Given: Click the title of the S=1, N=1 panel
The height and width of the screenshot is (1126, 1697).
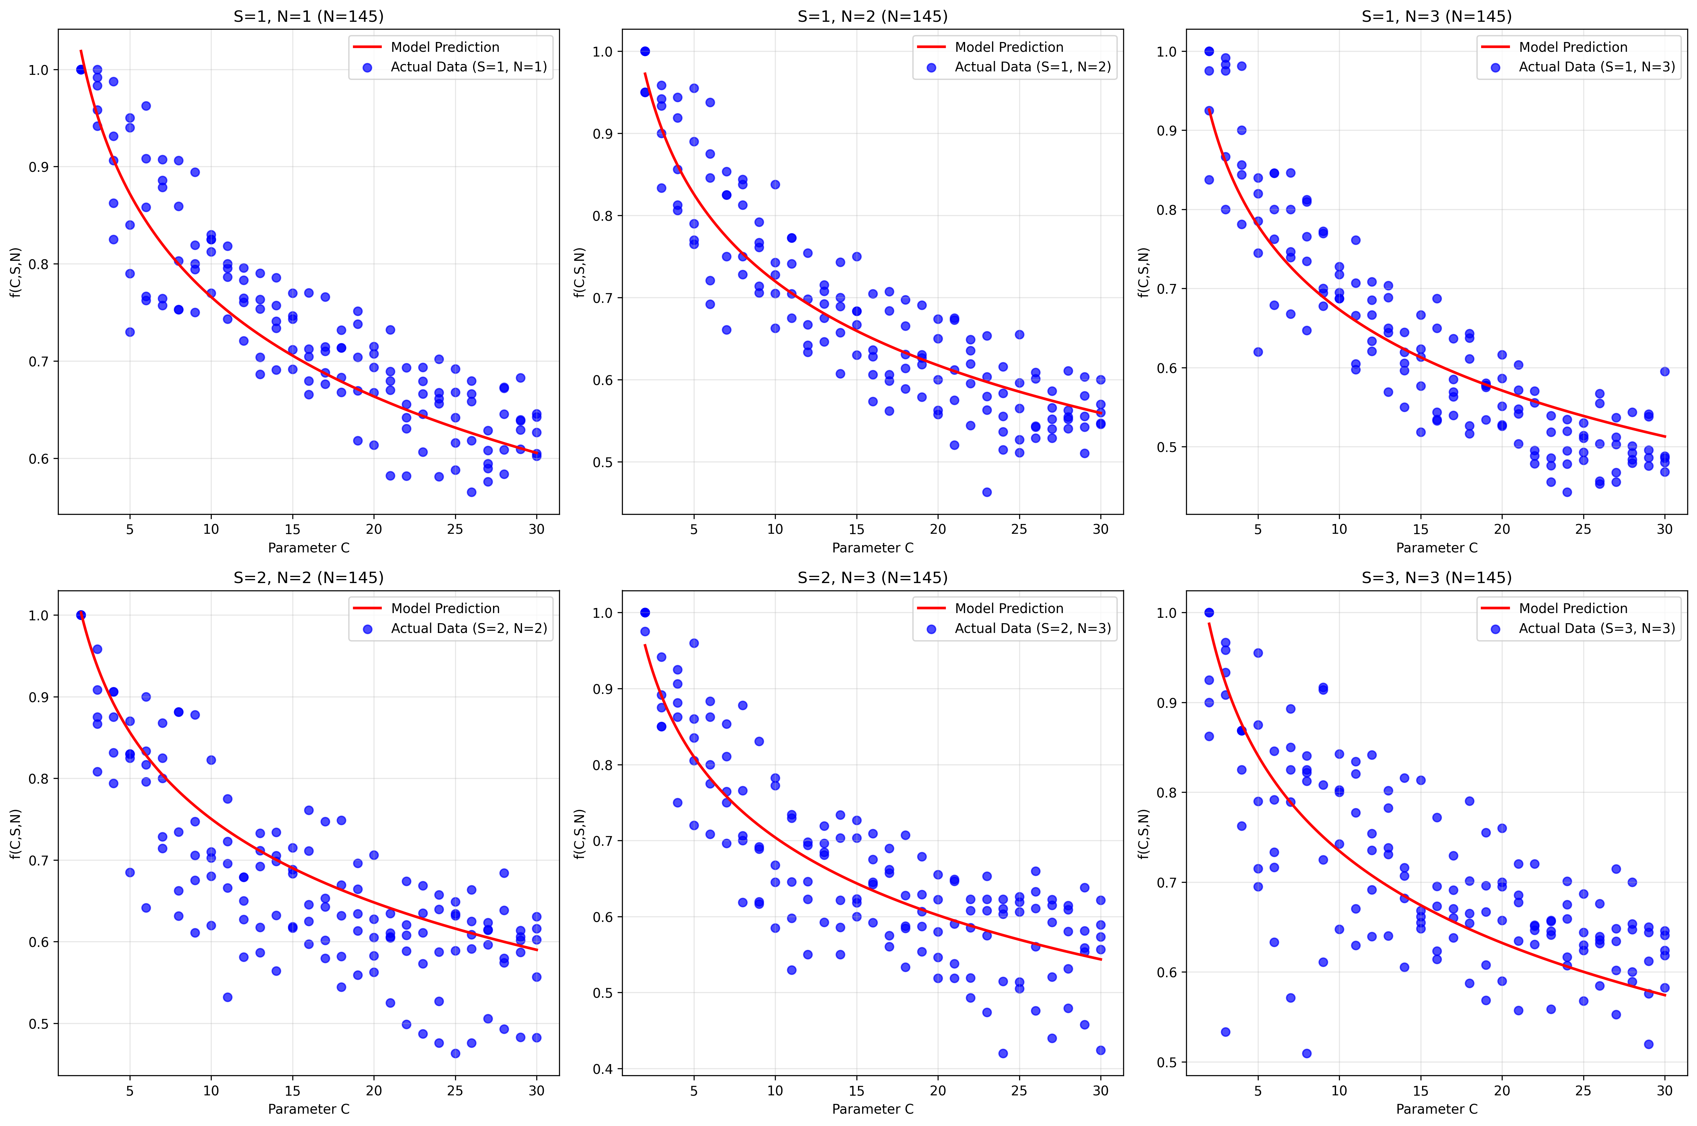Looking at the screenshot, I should (x=308, y=16).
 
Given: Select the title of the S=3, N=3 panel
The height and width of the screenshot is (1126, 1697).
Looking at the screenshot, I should (x=1436, y=577).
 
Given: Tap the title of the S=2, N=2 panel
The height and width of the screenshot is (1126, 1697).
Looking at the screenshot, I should (x=308, y=577).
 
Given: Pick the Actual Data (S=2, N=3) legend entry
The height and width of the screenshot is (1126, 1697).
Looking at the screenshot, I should (x=1032, y=628).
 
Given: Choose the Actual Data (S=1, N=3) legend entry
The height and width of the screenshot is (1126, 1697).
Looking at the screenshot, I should (x=1597, y=67).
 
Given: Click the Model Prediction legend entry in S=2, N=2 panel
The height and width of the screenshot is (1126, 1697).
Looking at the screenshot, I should (x=445, y=608).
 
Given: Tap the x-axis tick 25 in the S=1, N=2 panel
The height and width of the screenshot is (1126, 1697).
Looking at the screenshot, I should (x=1019, y=529).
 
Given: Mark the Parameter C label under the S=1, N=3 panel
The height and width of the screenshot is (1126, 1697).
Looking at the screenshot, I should (x=1436, y=548).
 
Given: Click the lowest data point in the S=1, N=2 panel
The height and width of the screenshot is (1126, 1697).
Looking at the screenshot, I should (x=987, y=492).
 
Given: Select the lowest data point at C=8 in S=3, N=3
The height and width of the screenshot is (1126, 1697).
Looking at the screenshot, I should (x=1306, y=1053).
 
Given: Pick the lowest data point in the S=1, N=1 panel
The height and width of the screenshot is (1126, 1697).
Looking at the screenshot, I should (x=471, y=492).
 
